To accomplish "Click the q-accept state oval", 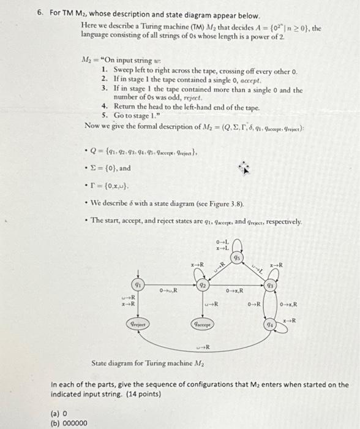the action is tap(203, 324).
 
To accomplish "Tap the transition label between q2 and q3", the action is tap(236, 290).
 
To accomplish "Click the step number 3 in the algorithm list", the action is tap(105, 89).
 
